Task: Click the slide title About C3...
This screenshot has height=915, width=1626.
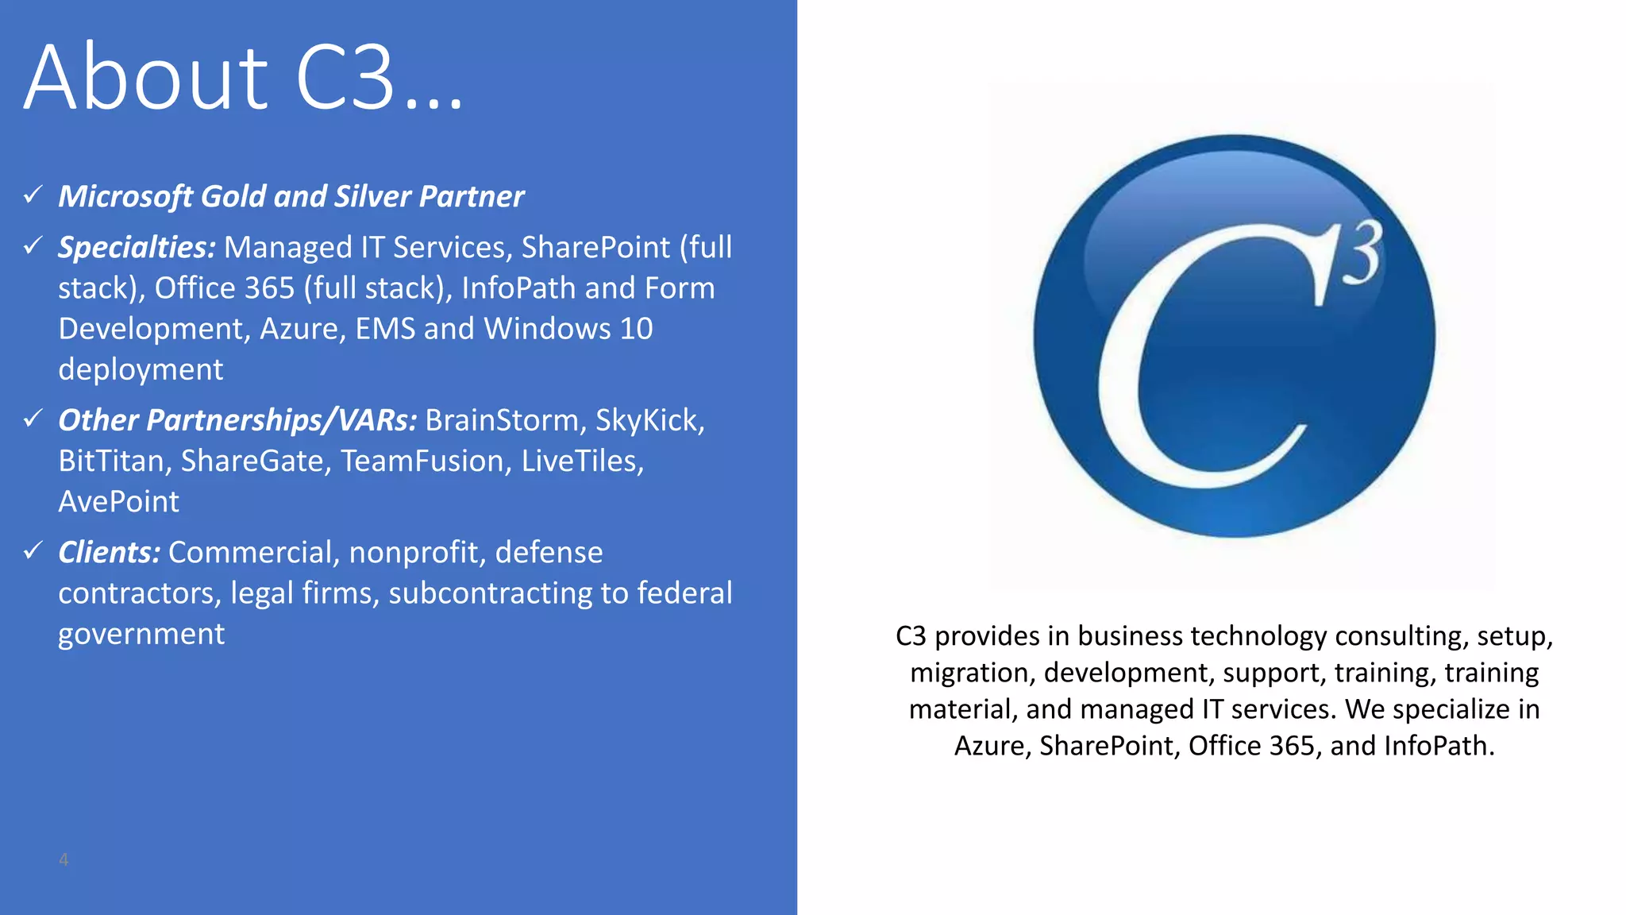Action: (243, 78)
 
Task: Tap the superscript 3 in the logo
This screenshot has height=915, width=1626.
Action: (1362, 253)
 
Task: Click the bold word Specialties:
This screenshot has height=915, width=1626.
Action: (137, 248)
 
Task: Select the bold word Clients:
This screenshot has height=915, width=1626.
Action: (110, 552)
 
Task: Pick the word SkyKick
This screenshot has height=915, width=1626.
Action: (649, 420)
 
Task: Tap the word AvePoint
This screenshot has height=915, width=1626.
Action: (119, 502)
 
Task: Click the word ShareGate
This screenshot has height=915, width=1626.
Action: (255, 461)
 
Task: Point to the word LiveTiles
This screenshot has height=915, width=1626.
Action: (581, 461)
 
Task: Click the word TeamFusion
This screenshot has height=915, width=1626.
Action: (426, 461)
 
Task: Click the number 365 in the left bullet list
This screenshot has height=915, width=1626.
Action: (269, 288)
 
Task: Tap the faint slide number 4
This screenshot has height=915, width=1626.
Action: (64, 859)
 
